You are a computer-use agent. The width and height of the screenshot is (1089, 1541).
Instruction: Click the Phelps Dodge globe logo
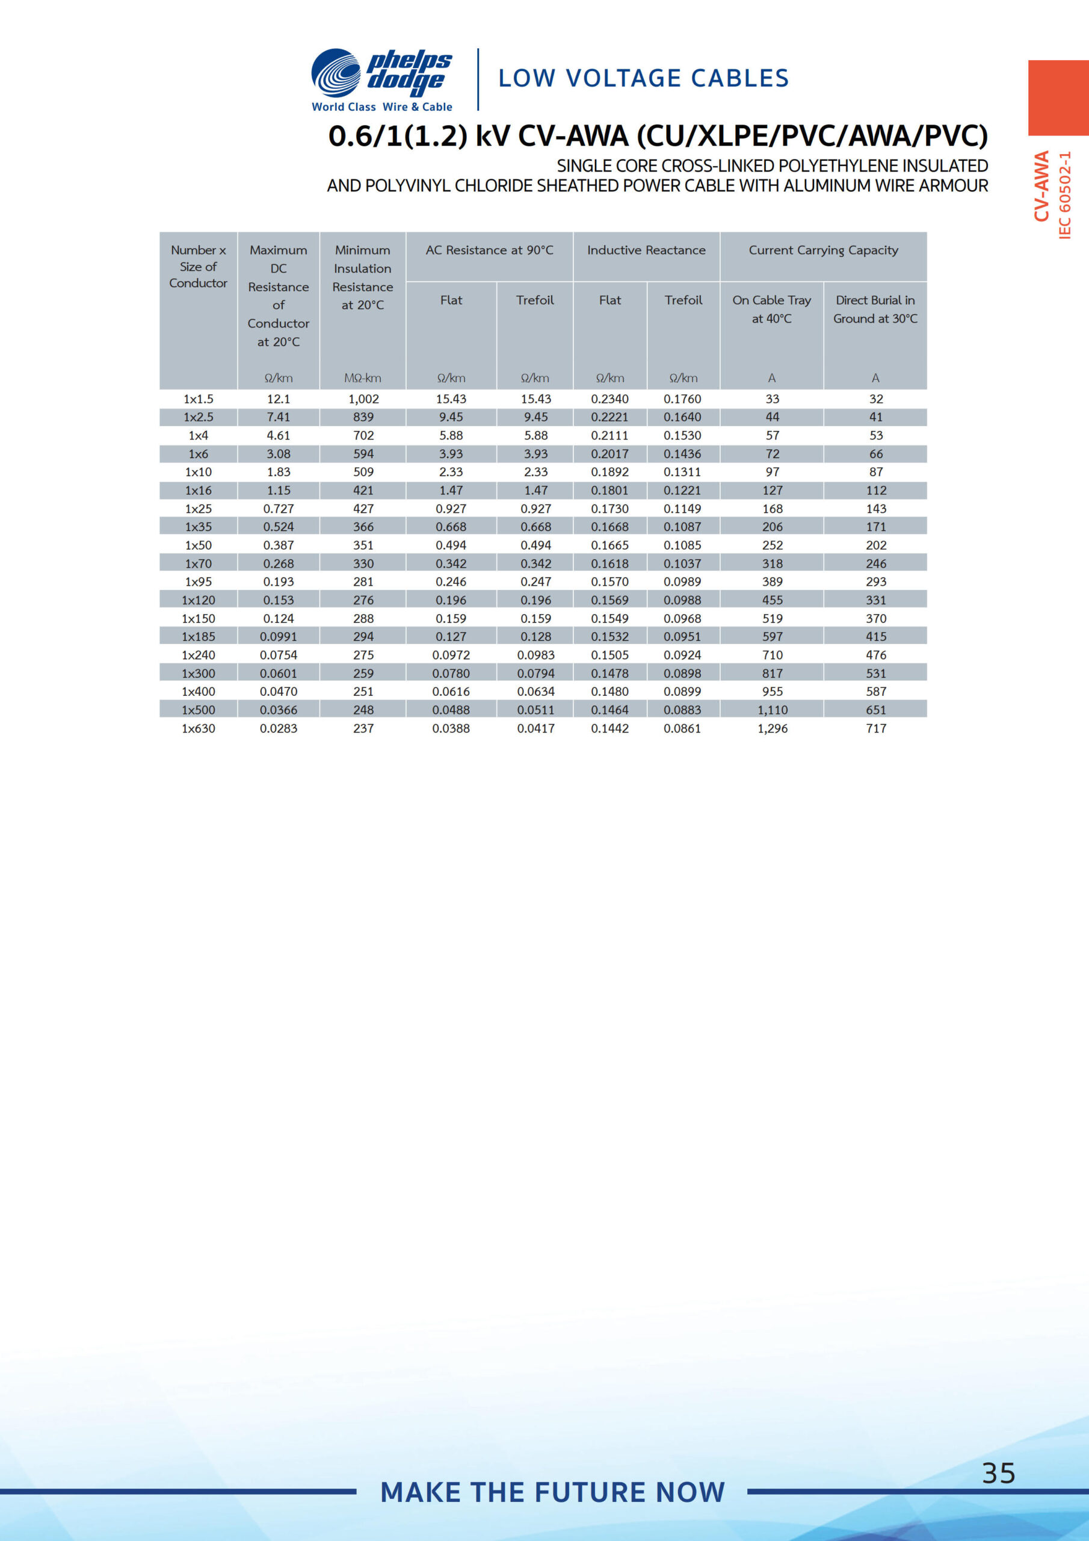[336, 73]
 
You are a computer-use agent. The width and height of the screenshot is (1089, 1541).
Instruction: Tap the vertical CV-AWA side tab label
[1041, 186]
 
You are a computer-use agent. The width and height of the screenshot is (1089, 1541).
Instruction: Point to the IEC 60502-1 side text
[1065, 194]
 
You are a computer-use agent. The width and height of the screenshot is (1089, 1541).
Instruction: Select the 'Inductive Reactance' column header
[646, 250]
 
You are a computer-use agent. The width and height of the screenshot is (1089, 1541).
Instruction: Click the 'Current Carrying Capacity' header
[822, 250]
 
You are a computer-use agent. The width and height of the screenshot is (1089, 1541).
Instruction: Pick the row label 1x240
[198, 655]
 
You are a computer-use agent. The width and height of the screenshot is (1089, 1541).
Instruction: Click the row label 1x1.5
[198, 398]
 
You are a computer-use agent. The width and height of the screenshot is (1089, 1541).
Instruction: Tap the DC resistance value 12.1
[279, 398]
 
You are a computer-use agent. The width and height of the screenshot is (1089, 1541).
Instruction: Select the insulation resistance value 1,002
[363, 398]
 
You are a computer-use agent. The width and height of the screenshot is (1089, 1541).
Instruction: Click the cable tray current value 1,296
[773, 728]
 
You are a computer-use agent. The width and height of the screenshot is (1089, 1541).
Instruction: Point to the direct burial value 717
[875, 728]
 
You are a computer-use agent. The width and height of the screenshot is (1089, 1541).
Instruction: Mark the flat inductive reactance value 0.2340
[609, 398]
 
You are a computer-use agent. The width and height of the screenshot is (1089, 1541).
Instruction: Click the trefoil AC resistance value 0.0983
[535, 655]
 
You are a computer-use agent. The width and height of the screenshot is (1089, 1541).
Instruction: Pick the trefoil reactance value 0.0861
[682, 728]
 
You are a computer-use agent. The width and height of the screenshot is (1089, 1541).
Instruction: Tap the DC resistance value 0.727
[279, 509]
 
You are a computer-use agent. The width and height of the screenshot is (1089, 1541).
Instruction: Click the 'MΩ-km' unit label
[362, 379]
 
